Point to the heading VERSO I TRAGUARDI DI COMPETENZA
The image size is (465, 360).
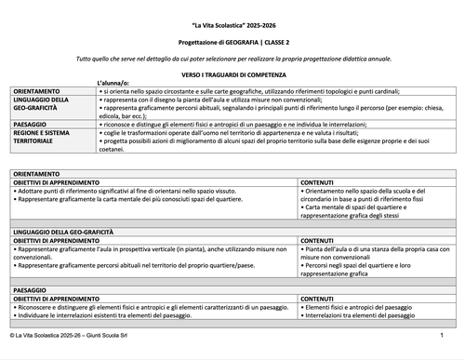(x=232, y=73)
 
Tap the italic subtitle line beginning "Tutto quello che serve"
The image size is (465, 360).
(x=232, y=58)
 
